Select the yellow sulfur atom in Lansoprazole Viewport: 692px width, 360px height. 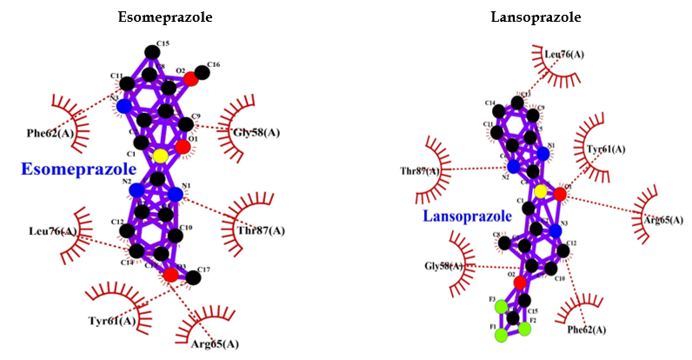tap(541, 191)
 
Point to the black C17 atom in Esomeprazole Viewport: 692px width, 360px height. tap(194, 277)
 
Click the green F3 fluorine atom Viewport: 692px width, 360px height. tap(501, 306)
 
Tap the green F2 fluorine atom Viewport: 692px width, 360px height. tap(526, 328)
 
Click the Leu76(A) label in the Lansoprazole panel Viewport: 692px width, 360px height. tap(564, 54)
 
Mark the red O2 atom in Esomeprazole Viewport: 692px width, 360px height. tap(190, 79)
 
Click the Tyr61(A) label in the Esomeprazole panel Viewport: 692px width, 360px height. tap(112, 322)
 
